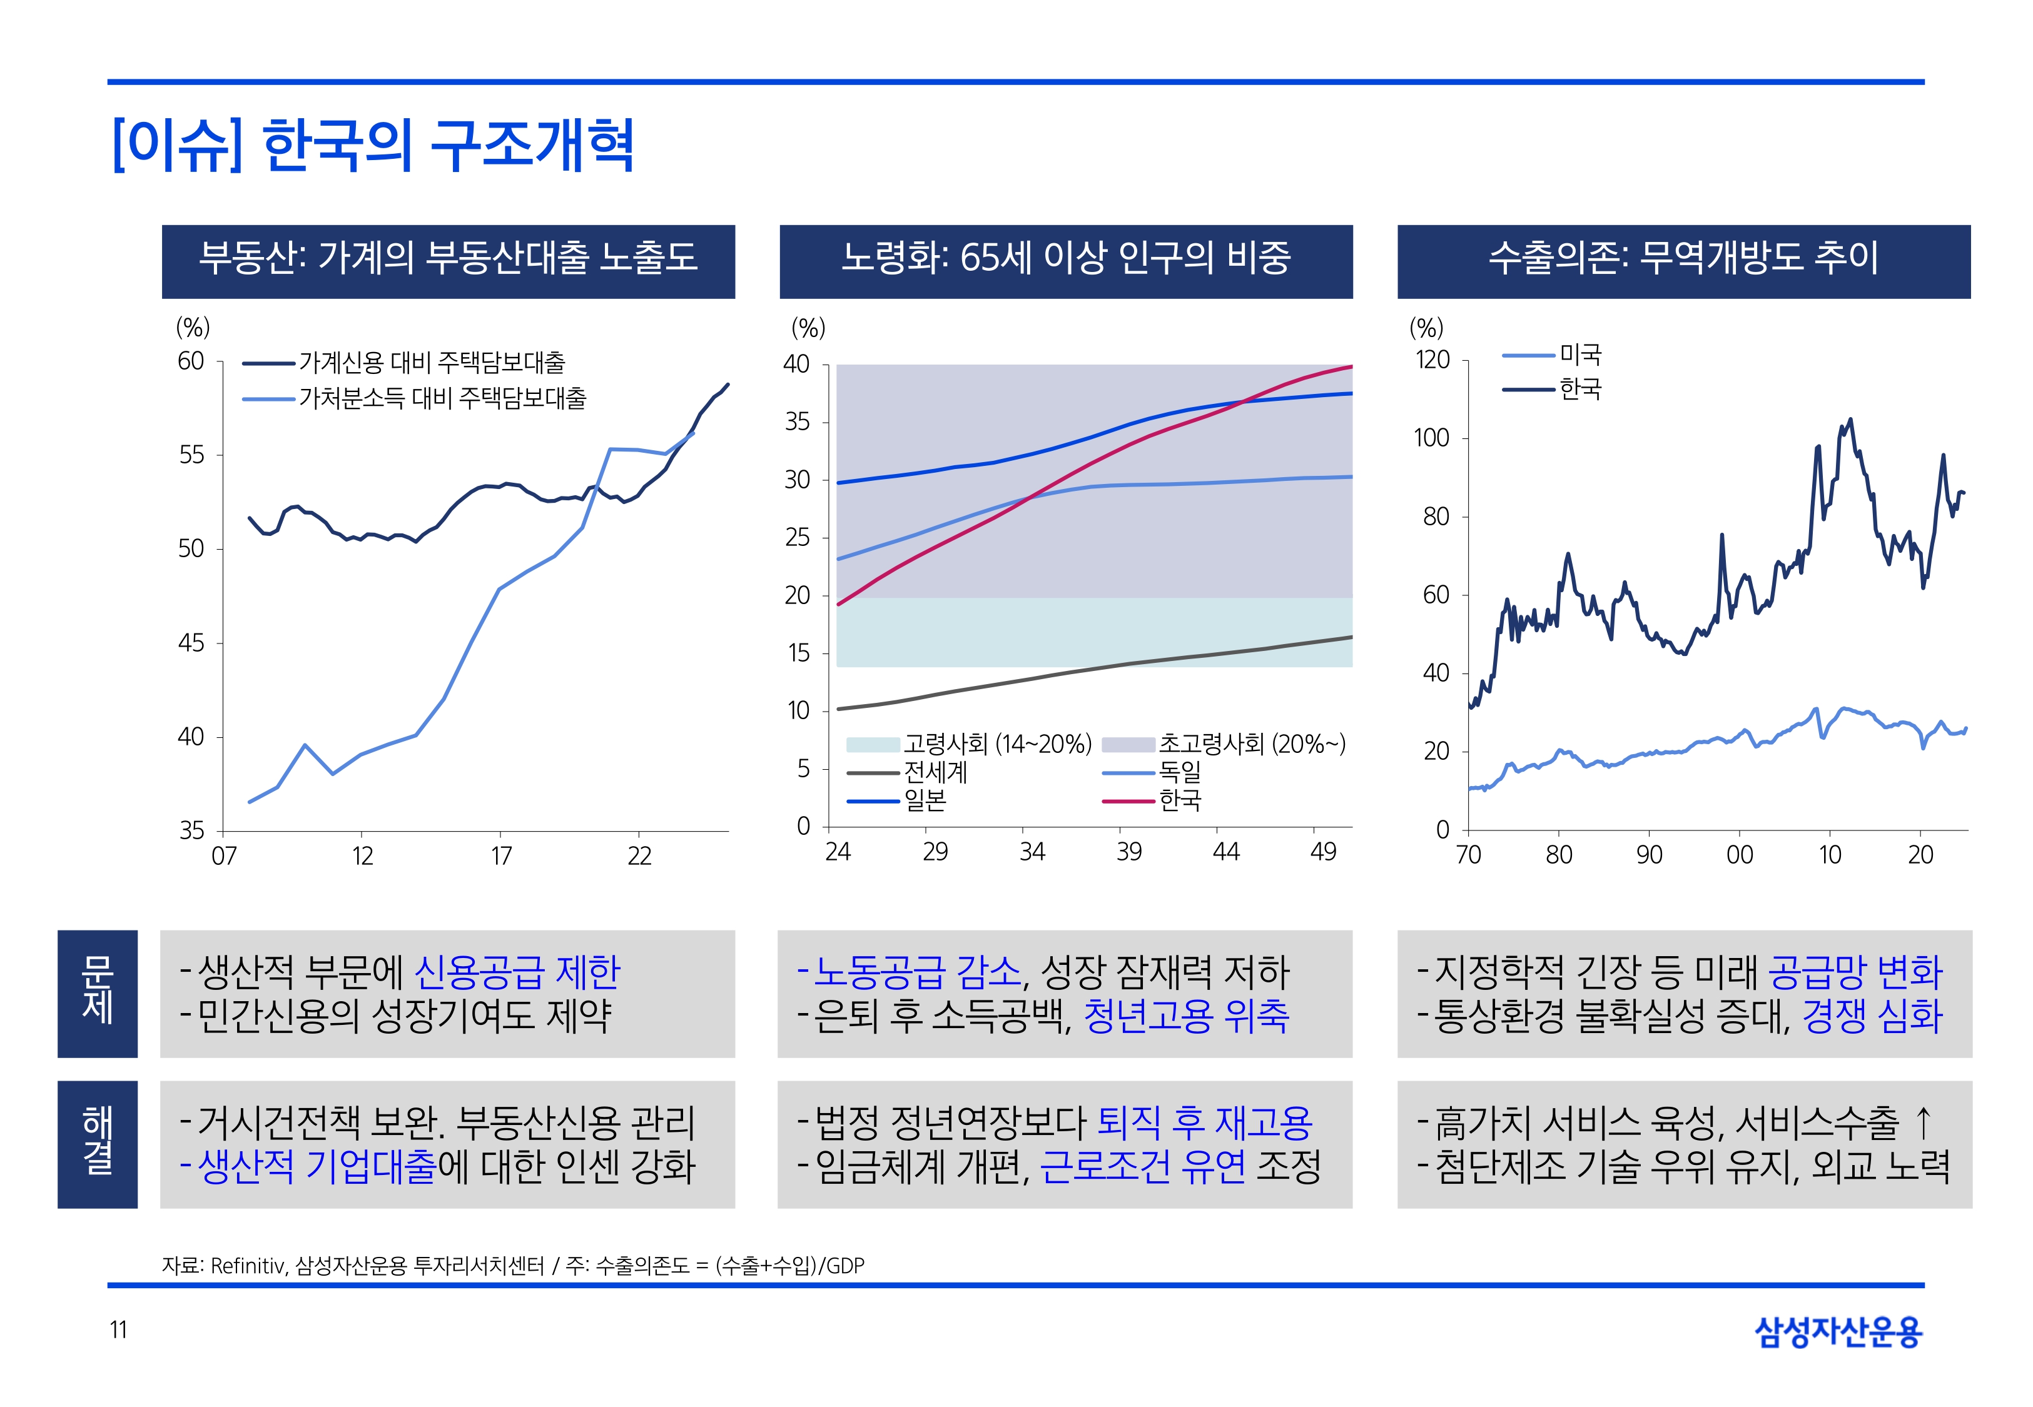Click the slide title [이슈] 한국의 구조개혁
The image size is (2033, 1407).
(373, 144)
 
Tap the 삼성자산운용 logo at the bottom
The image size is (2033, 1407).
(1838, 1331)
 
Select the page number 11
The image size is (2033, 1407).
(118, 1329)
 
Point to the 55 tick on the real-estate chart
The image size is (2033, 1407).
(191, 455)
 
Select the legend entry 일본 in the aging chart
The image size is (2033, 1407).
(925, 800)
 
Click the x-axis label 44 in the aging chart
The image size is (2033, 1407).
(1226, 852)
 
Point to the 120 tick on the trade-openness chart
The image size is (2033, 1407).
(1432, 360)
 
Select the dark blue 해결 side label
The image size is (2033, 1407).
(97, 1143)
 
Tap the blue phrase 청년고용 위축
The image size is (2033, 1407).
(1186, 1016)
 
